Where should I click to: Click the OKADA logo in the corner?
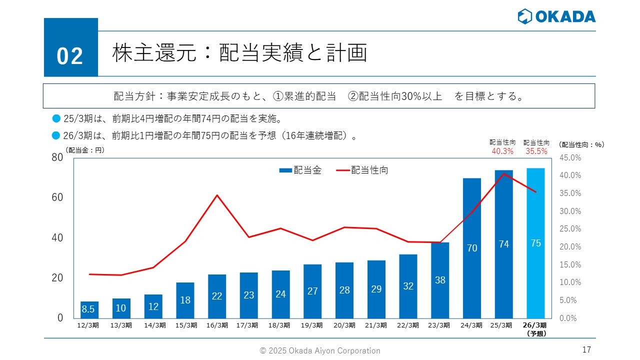point(556,16)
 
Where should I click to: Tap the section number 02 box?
point(70,47)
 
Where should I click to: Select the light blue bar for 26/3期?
point(535,243)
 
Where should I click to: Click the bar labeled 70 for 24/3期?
point(472,248)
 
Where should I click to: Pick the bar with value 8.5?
point(89,309)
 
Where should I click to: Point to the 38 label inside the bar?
point(440,280)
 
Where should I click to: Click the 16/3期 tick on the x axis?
point(217,325)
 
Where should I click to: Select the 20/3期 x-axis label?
point(344,325)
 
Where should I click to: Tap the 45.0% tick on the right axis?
point(570,158)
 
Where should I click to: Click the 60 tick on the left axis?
point(57,197)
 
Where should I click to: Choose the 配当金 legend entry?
point(300,170)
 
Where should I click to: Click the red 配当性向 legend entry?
point(362,170)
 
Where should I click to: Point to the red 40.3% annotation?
point(502,151)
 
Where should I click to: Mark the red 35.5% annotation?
point(536,151)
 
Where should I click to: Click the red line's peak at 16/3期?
point(217,195)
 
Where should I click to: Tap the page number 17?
point(587,349)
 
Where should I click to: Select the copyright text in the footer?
point(320,350)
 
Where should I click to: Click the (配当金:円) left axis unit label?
point(84,149)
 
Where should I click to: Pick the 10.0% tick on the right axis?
point(570,282)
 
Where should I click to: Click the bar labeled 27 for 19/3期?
point(312,291)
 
